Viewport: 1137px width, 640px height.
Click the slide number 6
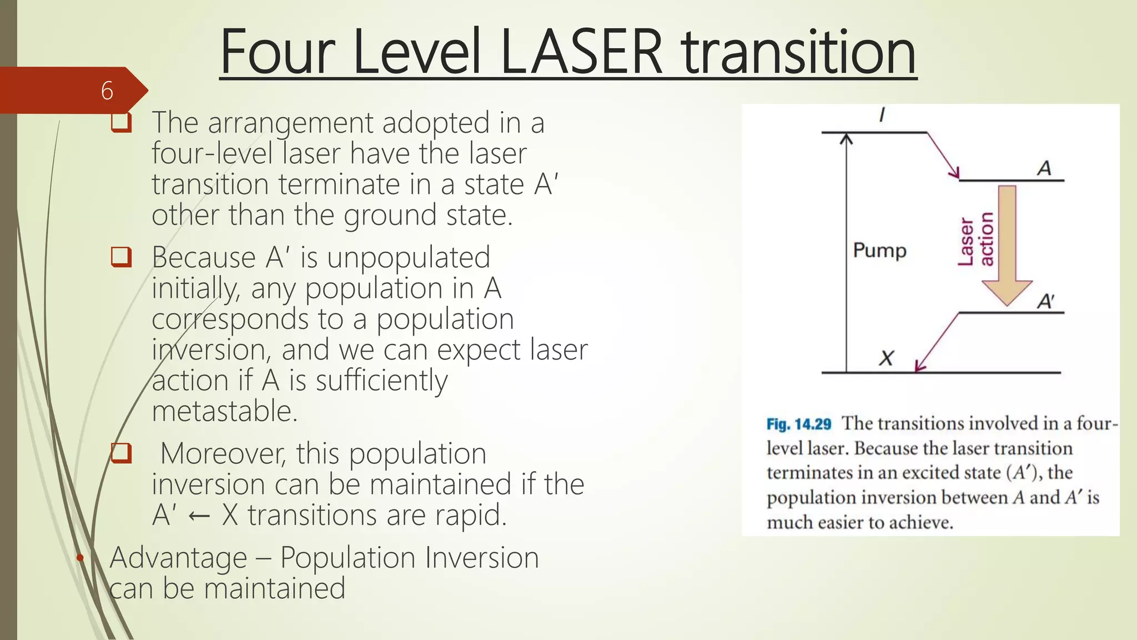[107, 91]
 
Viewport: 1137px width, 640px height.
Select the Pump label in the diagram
[879, 251]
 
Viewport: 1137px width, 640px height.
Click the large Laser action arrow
[1007, 244]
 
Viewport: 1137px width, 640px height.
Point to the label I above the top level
[882, 115]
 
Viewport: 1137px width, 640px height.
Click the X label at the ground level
[886, 358]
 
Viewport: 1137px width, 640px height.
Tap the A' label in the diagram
[1045, 301]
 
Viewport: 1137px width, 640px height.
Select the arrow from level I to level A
[943, 155]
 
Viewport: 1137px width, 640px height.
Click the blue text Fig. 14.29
[798, 424]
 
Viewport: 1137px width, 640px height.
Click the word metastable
[225, 411]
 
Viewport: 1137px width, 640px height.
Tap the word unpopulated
[408, 257]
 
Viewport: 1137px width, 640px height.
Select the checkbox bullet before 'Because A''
[121, 257]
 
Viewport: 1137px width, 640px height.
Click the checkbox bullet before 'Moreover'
[121, 453]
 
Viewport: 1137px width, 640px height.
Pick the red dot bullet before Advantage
[80, 557]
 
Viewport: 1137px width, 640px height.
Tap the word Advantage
[178, 558]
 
